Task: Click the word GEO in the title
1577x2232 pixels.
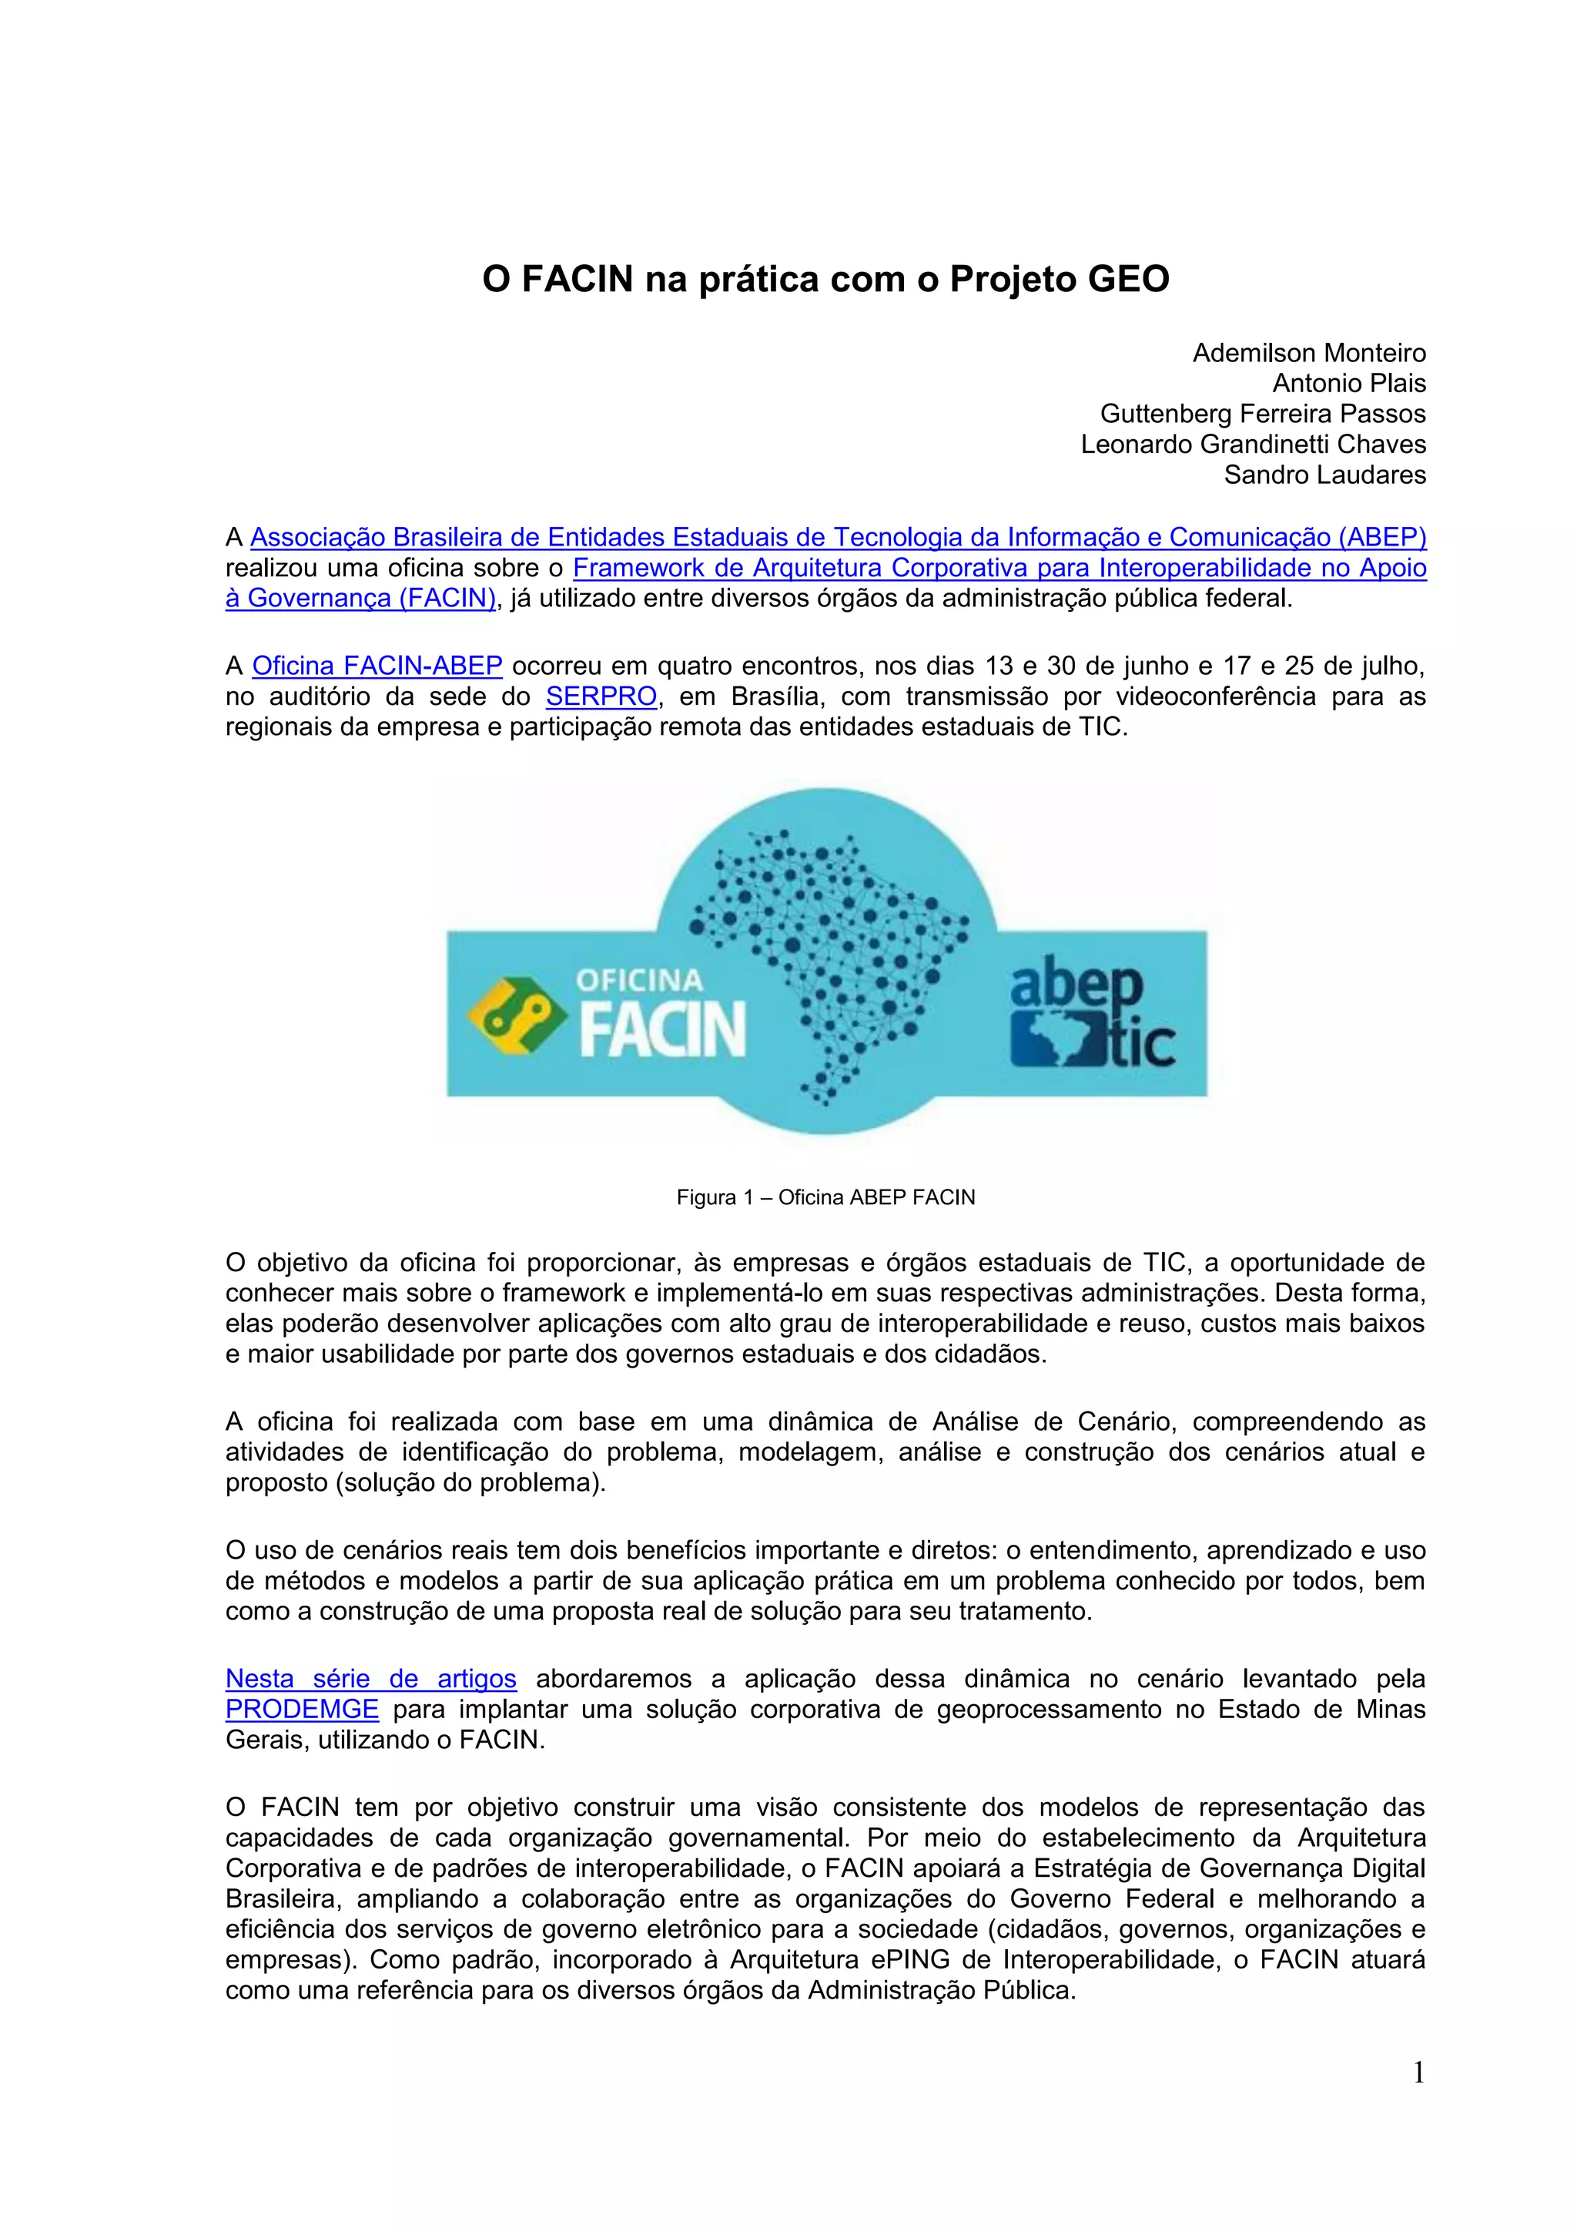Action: [1128, 280]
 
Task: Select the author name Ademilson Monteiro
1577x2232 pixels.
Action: [1309, 353]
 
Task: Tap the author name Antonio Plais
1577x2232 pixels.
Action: [1348, 383]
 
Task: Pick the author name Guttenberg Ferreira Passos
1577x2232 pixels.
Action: [1262, 415]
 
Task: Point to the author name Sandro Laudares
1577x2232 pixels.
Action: [1324, 475]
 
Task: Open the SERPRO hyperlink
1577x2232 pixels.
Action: [601, 697]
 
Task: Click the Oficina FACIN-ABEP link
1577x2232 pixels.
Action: [377, 666]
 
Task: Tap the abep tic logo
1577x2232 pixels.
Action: [1091, 1016]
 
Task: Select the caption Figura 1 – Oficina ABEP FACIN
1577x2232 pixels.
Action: [826, 1197]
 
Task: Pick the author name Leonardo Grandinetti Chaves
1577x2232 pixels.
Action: [1254, 445]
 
